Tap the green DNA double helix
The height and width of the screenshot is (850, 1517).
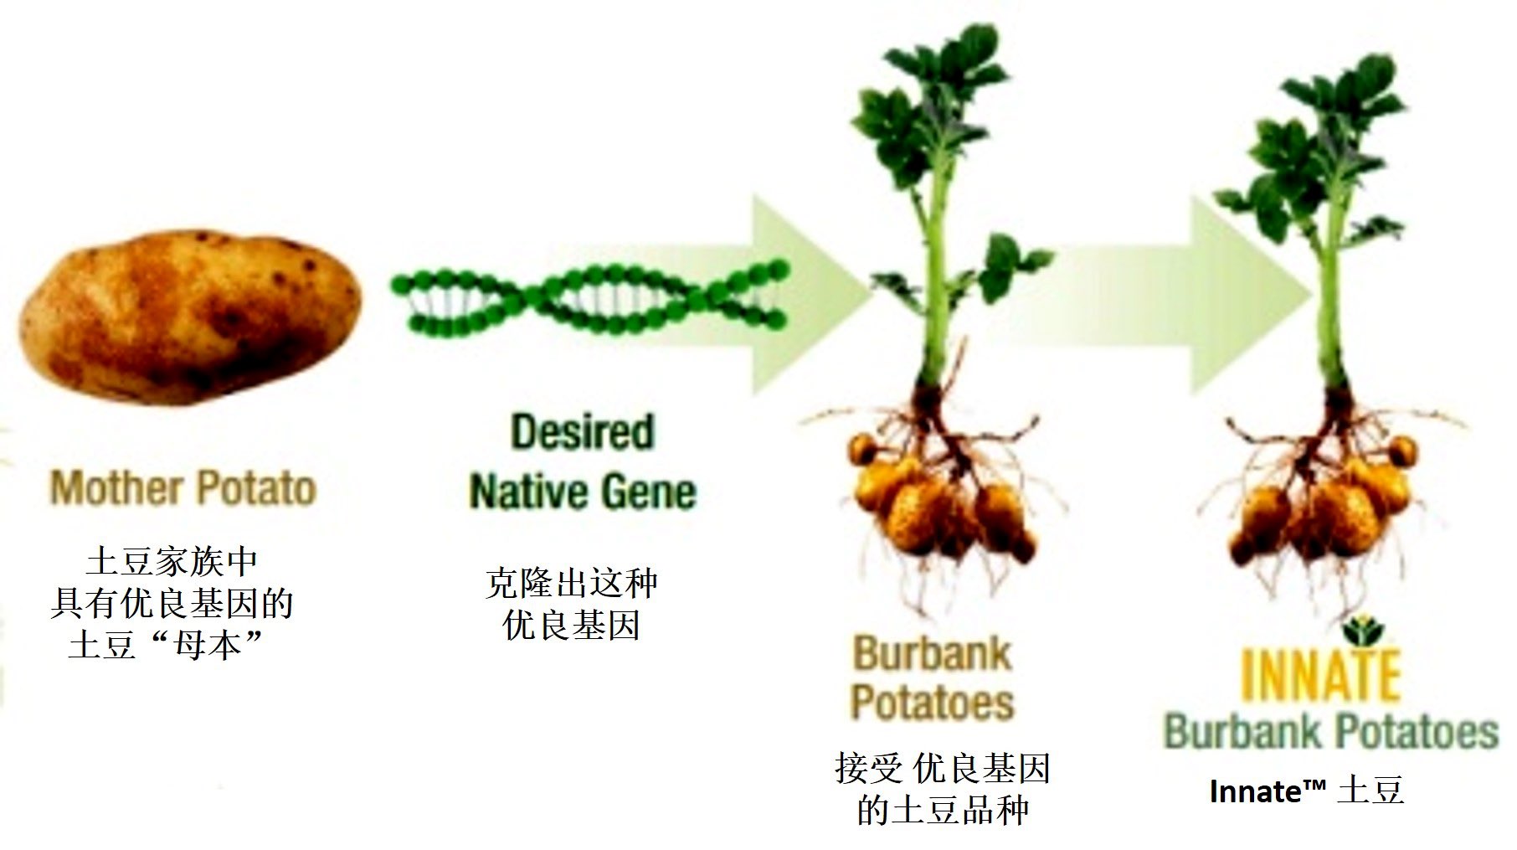click(x=589, y=296)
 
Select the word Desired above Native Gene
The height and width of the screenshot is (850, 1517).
click(x=582, y=432)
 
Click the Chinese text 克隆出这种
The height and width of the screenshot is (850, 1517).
click(x=571, y=583)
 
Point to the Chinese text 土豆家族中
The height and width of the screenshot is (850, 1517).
click(x=171, y=562)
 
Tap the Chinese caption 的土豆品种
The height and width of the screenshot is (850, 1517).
click(x=943, y=811)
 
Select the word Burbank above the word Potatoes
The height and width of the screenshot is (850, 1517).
click(x=932, y=654)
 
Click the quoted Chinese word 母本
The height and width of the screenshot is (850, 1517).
click(x=205, y=645)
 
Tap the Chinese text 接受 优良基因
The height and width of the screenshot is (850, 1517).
click(x=943, y=769)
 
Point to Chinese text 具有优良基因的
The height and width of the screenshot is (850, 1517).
click(x=172, y=604)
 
